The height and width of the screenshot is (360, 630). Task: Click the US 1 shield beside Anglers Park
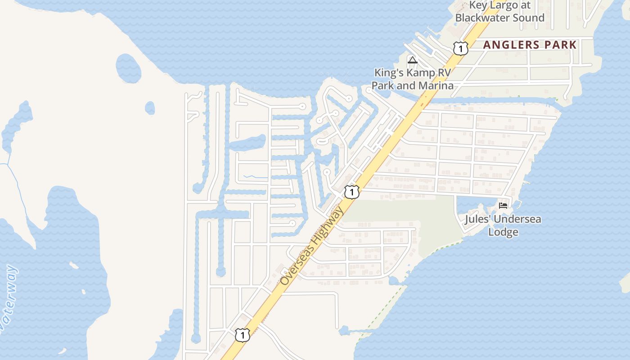coord(460,48)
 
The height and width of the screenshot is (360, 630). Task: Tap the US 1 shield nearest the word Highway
coord(351,192)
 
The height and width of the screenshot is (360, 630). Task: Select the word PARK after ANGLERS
coord(560,45)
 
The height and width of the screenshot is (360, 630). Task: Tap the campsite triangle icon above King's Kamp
coord(412,60)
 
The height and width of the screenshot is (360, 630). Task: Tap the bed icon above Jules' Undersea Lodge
coord(503,206)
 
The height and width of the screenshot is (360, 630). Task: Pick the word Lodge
coord(504,232)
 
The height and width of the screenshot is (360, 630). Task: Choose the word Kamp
coord(422,73)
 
